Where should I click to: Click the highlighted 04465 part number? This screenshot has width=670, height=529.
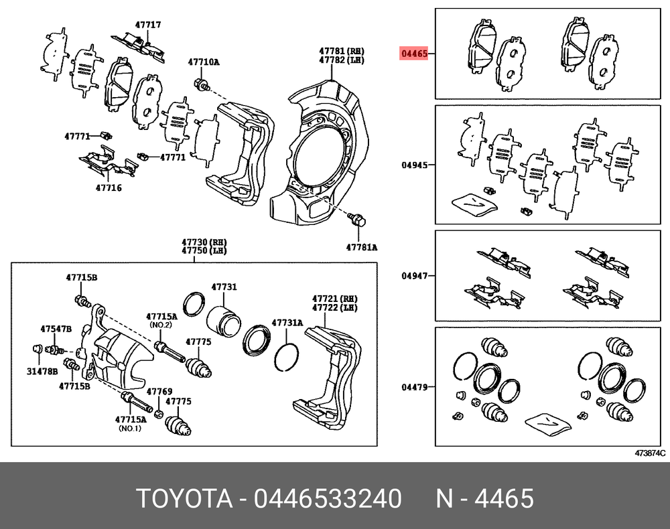[x=413, y=54]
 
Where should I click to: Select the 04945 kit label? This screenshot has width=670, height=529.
[x=414, y=164]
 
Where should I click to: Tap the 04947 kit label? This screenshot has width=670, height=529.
[x=414, y=275]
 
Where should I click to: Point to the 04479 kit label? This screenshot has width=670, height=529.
[x=414, y=387]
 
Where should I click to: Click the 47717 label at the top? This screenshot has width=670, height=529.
[x=148, y=25]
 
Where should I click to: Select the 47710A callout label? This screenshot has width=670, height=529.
[x=204, y=62]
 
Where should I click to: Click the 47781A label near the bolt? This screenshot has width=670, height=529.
[x=362, y=247]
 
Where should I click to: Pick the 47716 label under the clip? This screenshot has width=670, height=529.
[x=109, y=187]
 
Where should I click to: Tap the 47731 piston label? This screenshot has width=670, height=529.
[x=224, y=287]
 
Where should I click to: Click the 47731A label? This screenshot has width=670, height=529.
[x=287, y=323]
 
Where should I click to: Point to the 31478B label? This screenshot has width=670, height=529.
[x=42, y=371]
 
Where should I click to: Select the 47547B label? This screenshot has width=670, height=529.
[x=56, y=329]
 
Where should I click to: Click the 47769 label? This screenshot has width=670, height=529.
[x=159, y=391]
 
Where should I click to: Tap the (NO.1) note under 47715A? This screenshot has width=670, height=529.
[x=130, y=429]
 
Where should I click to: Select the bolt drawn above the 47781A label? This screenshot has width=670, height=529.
[x=357, y=219]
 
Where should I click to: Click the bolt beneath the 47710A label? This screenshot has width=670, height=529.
[x=202, y=84]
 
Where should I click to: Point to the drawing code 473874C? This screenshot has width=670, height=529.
[x=650, y=453]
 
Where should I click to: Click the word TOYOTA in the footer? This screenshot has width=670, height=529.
[x=185, y=498]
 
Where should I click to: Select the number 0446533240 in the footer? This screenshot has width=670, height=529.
[x=328, y=498]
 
